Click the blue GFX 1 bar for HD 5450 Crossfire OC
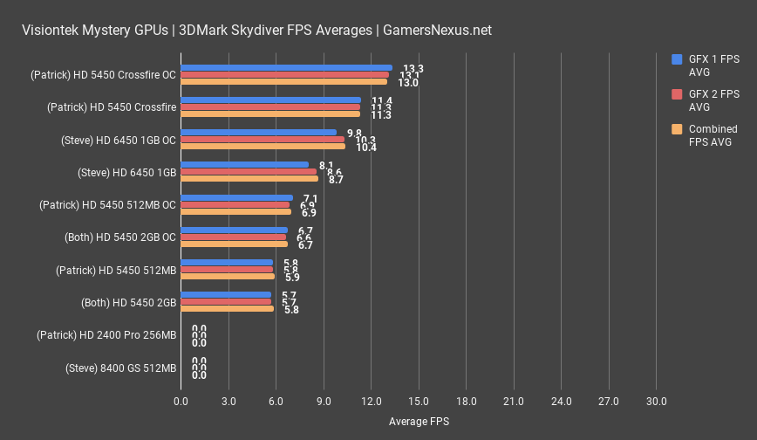286,68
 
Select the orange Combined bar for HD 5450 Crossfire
270,114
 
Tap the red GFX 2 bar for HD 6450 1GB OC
262,140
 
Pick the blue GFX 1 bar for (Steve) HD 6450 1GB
244,165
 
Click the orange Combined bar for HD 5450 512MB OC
235,212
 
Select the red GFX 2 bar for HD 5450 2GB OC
233,237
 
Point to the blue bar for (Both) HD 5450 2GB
226,295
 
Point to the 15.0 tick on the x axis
419,402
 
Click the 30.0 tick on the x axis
656,402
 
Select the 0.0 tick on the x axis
181,402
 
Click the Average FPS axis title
419,422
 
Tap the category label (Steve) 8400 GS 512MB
120,368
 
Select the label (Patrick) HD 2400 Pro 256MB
106,335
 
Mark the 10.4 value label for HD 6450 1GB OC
366,148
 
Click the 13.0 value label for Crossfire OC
408,83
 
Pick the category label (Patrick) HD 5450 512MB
116,271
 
